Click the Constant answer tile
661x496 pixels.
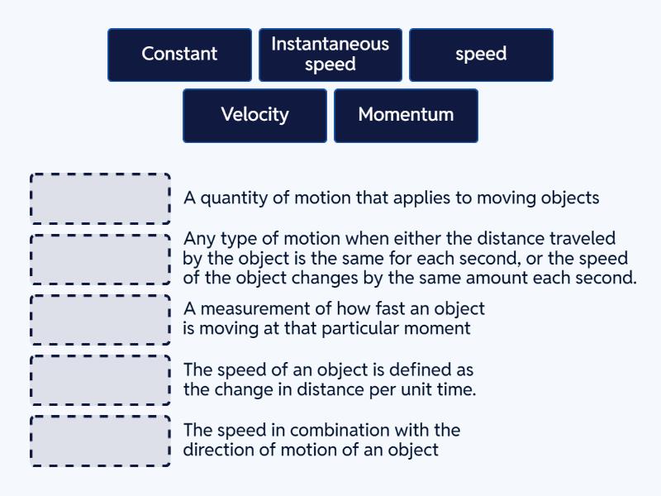pyautogui.click(x=179, y=55)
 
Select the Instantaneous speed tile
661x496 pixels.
pyautogui.click(x=330, y=55)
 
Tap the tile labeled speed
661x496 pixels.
pyautogui.click(x=481, y=55)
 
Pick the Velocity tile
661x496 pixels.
pyautogui.click(x=254, y=115)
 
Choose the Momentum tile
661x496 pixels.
pyautogui.click(x=406, y=115)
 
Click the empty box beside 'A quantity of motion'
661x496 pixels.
pyautogui.click(x=100, y=198)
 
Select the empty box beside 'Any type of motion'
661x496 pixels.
pyautogui.click(x=100, y=259)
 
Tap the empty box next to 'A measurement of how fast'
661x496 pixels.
pyautogui.click(x=100, y=319)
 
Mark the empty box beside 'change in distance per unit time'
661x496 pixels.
pyautogui.click(x=100, y=379)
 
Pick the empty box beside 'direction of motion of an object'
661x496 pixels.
pyautogui.click(x=100, y=440)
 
